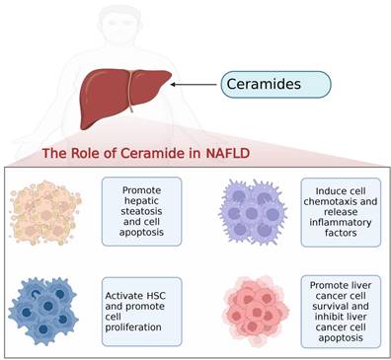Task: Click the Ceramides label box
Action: click(x=275, y=85)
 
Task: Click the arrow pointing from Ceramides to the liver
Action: click(x=194, y=85)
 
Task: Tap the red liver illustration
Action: click(x=125, y=98)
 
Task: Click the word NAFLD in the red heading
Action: click(x=227, y=153)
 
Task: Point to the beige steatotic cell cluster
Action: click(x=45, y=213)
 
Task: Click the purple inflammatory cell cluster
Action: click(x=253, y=212)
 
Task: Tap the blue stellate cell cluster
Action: click(x=43, y=311)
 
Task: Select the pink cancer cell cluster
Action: click(x=256, y=311)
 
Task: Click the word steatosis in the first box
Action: click(x=141, y=211)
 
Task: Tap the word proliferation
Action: click(x=133, y=327)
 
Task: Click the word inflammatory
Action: click(x=341, y=222)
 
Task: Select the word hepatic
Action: click(x=141, y=200)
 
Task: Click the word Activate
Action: click(x=123, y=296)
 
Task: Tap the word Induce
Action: click(x=330, y=191)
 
